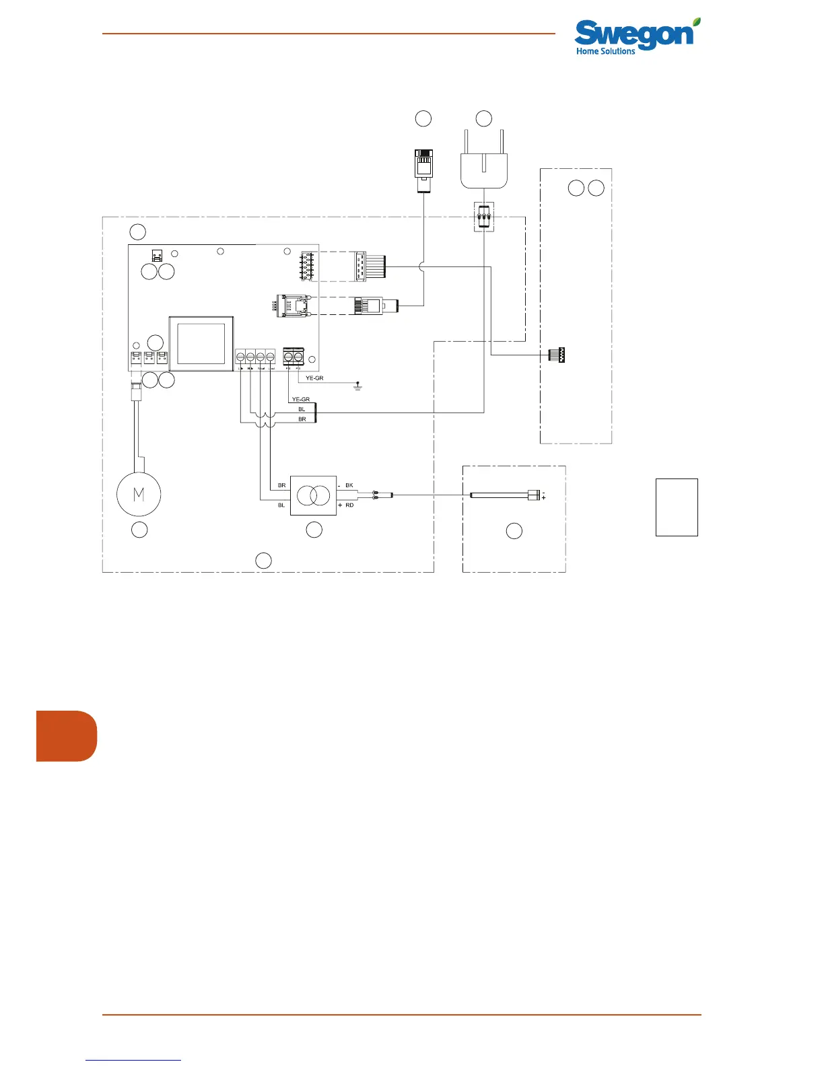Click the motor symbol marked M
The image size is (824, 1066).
(139, 494)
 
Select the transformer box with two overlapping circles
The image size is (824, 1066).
(313, 495)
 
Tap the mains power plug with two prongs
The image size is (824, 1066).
(483, 165)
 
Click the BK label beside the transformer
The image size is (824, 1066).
(349, 485)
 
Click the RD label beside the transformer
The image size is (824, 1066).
(349, 505)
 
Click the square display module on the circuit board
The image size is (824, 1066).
(201, 343)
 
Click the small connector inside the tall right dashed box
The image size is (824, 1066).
(557, 355)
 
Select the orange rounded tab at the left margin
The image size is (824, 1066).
(66, 736)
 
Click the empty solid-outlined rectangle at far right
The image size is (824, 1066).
(677, 507)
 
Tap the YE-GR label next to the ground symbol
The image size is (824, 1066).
(314, 378)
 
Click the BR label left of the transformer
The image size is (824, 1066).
(281, 485)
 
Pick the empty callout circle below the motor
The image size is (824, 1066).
(139, 530)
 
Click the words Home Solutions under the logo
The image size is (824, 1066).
(605, 51)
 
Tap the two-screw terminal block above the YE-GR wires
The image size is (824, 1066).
(294, 355)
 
